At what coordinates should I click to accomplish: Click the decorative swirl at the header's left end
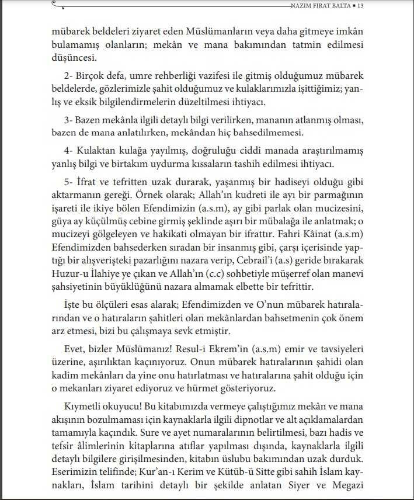[57, 5]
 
